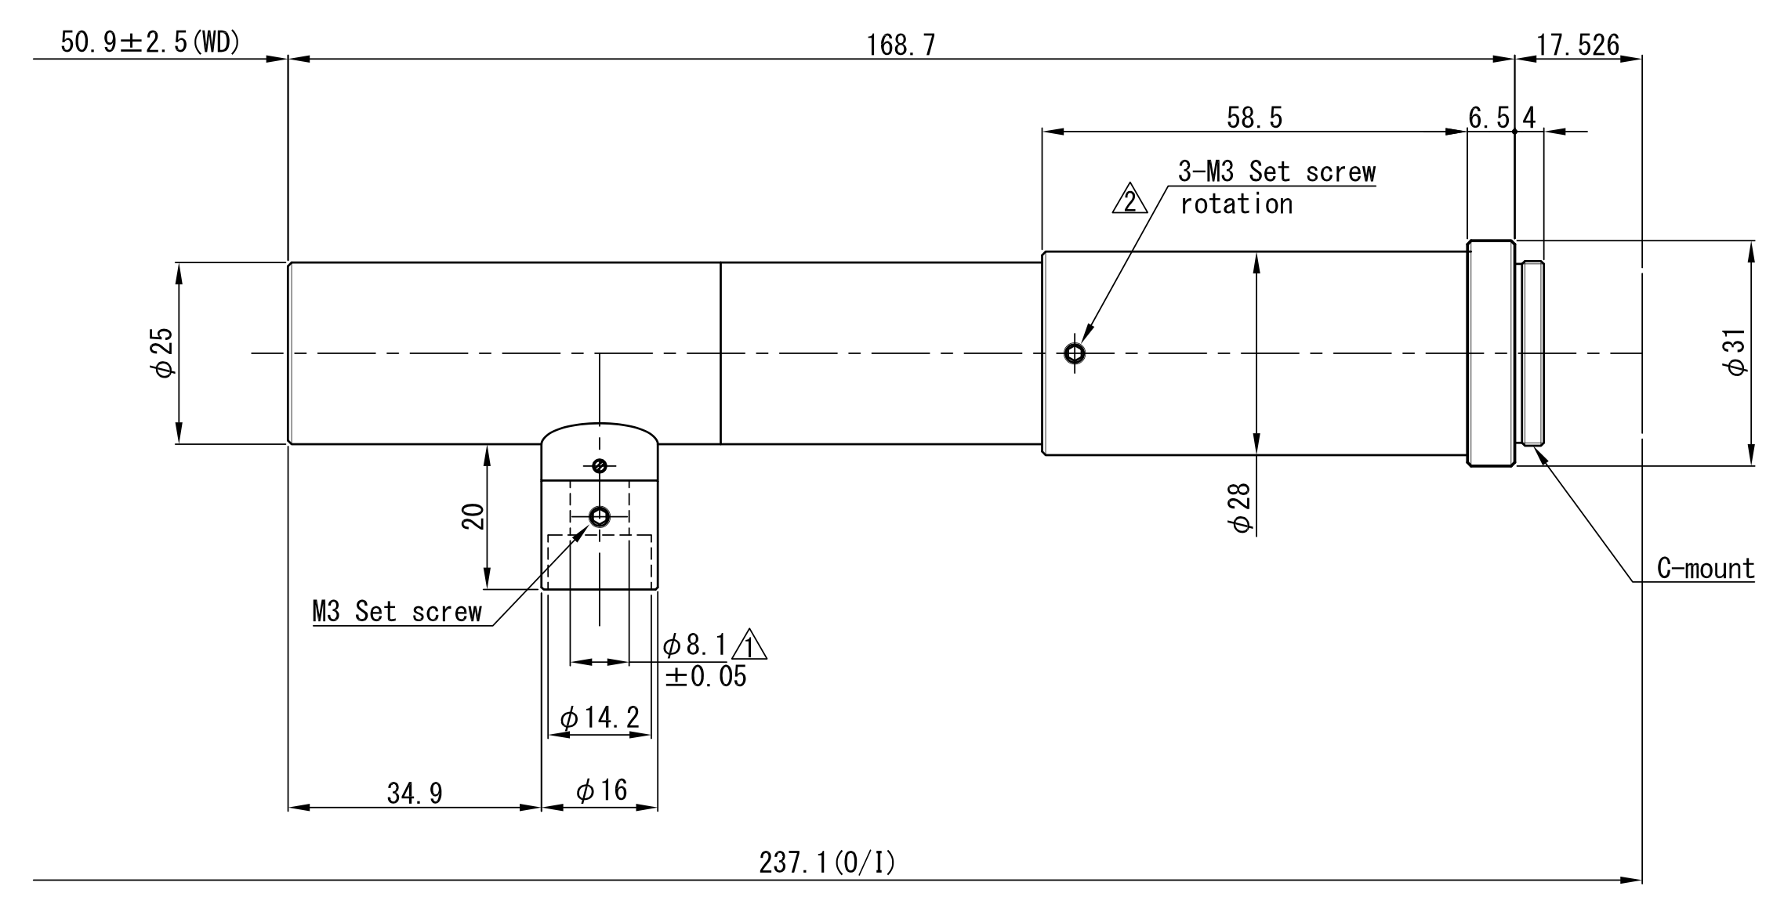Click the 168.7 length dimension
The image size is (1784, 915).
[x=901, y=45]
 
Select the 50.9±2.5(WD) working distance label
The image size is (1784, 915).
[x=150, y=43]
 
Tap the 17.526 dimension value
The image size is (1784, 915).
[x=1577, y=45]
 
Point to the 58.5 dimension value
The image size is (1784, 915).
[x=1254, y=118]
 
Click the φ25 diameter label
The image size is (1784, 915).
[x=164, y=353]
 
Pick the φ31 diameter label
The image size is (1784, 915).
[x=1735, y=353]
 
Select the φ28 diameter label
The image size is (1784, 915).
[x=1242, y=508]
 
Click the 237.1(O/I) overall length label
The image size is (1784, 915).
[x=826, y=863]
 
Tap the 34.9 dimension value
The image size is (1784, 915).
[x=415, y=794]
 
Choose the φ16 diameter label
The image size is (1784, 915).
[x=601, y=790]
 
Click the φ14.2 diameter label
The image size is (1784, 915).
[x=600, y=717]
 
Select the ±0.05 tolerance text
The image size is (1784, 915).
[x=705, y=676]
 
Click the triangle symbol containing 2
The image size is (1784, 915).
[x=1130, y=201]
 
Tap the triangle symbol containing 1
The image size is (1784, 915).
[x=750, y=646]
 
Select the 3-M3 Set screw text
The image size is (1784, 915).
[x=1276, y=172]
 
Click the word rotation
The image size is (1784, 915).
[x=1236, y=204]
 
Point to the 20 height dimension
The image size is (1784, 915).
[x=473, y=516]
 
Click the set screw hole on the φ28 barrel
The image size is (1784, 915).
[x=1075, y=353]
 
